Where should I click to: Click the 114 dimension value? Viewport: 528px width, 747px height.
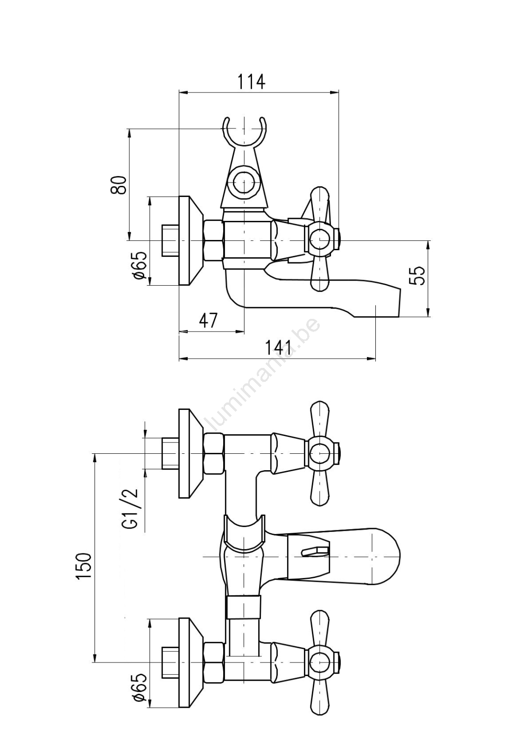(x=251, y=81)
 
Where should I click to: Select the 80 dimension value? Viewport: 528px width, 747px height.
(x=119, y=185)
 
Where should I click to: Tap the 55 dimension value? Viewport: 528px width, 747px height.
(x=418, y=275)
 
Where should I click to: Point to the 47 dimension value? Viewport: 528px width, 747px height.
(x=208, y=321)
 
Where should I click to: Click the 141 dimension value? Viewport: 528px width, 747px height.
(x=278, y=348)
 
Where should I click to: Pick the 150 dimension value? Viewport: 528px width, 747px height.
(x=84, y=566)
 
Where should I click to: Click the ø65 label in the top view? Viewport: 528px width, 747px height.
(x=140, y=266)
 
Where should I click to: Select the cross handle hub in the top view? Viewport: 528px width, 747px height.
(x=320, y=240)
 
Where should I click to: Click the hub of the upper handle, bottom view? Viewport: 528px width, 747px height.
(x=320, y=453)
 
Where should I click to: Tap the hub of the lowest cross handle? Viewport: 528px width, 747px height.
(x=320, y=662)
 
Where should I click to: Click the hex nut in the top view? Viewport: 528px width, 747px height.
(x=214, y=240)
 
